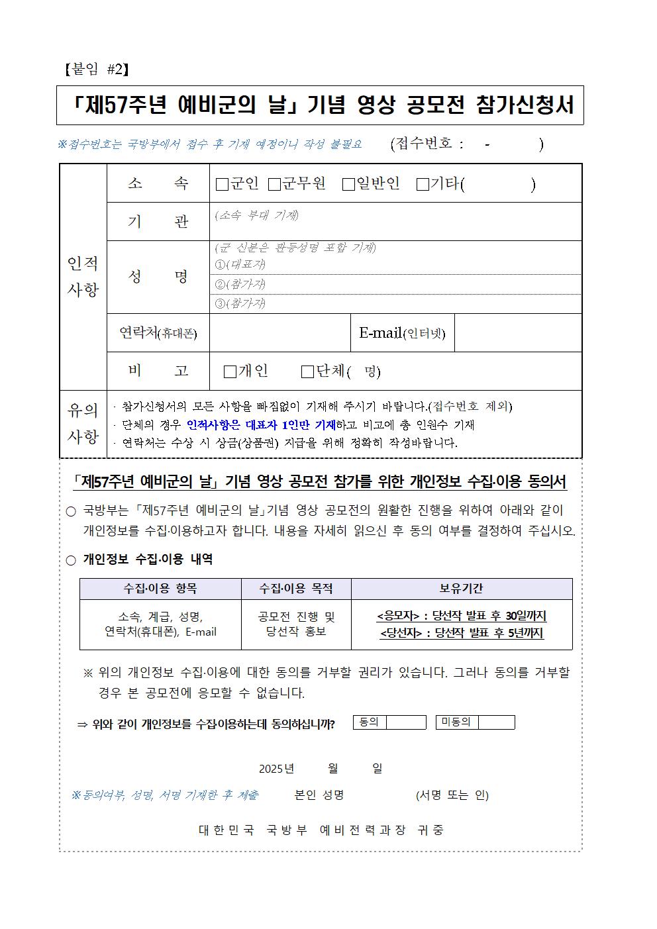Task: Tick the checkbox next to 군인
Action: [222, 185]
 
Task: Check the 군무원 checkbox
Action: [274, 185]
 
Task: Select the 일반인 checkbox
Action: [348, 185]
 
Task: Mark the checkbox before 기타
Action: [423, 185]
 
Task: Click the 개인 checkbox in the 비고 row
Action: [230, 372]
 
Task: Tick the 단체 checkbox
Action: [307, 372]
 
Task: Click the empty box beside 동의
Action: [405, 722]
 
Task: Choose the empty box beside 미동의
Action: [495, 722]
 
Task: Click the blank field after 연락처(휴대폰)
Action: [279, 333]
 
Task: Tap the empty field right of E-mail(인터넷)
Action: [517, 333]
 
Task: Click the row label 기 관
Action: [158, 222]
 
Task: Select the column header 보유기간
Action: [461, 589]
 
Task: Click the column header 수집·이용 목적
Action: [295, 589]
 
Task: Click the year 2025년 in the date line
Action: [276, 769]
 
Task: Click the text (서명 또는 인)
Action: [452, 795]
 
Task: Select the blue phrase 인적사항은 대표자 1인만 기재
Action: [261, 425]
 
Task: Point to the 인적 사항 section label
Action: [83, 276]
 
